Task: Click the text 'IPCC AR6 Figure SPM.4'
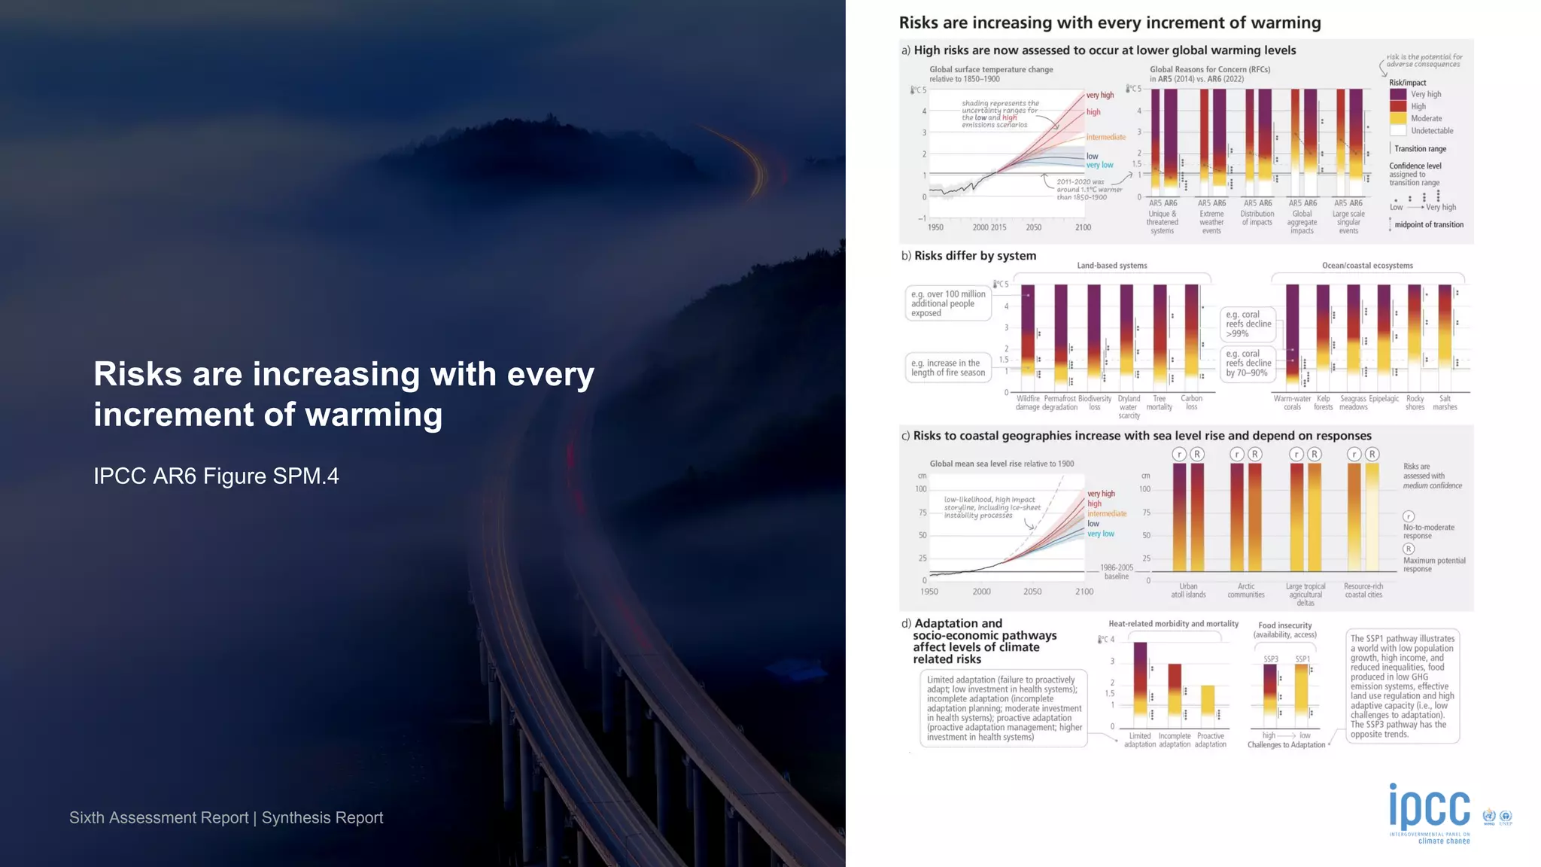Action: click(216, 476)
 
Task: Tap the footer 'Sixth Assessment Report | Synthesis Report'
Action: click(226, 817)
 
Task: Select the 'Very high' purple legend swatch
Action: click(1397, 95)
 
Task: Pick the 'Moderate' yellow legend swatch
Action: click(1397, 119)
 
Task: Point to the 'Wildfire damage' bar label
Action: click(1028, 403)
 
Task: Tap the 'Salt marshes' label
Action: click(1445, 403)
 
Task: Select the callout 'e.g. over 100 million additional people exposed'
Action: click(948, 303)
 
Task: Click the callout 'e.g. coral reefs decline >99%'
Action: click(1248, 324)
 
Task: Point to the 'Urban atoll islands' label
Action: click(1188, 590)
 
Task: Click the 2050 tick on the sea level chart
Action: click(1032, 592)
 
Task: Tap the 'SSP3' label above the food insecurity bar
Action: click(1270, 659)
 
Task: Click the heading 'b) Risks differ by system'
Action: click(968, 256)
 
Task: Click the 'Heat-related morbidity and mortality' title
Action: click(1173, 624)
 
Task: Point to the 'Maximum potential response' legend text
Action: click(1433, 564)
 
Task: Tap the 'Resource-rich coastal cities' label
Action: click(1363, 590)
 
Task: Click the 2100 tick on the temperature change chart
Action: click(1083, 227)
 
